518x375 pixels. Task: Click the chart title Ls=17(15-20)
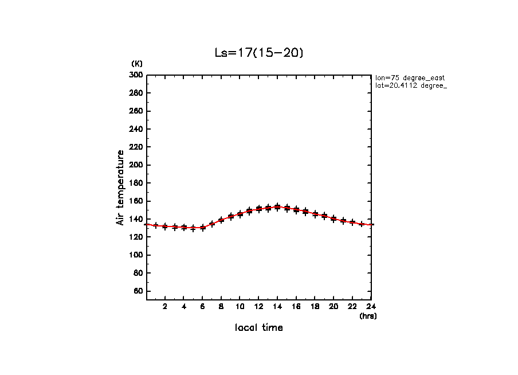(x=258, y=53)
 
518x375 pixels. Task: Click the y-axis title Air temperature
(x=120, y=187)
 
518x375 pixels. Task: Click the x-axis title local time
(x=258, y=328)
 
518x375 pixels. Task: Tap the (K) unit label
(x=136, y=64)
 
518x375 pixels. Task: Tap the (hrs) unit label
(x=368, y=315)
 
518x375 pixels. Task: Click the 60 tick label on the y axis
(x=138, y=291)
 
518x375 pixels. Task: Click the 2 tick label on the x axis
(x=165, y=306)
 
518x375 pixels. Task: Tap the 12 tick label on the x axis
(x=258, y=306)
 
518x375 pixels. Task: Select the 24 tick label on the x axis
(x=371, y=306)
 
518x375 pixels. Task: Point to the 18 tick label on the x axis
(x=315, y=306)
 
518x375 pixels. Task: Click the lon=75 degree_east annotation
(x=410, y=77)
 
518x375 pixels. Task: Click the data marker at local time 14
(x=277, y=207)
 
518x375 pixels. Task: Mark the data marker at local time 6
(x=202, y=228)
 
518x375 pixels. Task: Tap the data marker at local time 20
(x=333, y=218)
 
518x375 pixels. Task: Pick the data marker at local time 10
(x=240, y=214)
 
